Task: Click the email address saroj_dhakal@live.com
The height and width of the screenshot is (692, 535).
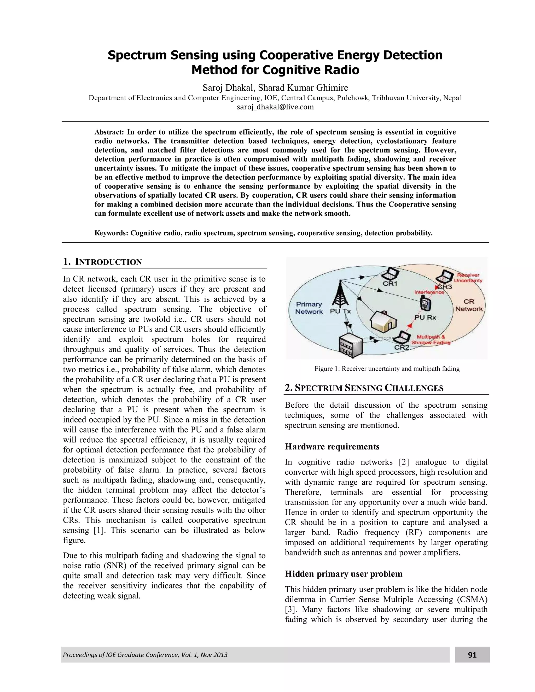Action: (275, 107)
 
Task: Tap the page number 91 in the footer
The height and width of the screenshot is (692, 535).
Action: (472, 655)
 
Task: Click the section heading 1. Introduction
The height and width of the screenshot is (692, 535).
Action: (102, 262)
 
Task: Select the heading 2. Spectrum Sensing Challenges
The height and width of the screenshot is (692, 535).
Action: (364, 388)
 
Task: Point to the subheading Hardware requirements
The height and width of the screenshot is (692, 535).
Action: (332, 447)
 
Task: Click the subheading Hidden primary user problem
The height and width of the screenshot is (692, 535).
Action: (343, 574)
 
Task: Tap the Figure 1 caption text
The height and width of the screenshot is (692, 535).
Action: (387, 368)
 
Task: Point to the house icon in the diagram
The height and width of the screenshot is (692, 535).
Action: (383, 321)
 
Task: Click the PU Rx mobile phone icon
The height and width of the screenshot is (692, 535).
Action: (425, 305)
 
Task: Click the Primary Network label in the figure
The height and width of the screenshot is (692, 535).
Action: (309, 308)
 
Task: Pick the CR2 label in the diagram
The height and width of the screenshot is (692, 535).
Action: (402, 347)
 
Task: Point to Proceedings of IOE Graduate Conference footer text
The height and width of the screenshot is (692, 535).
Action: (145, 655)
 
